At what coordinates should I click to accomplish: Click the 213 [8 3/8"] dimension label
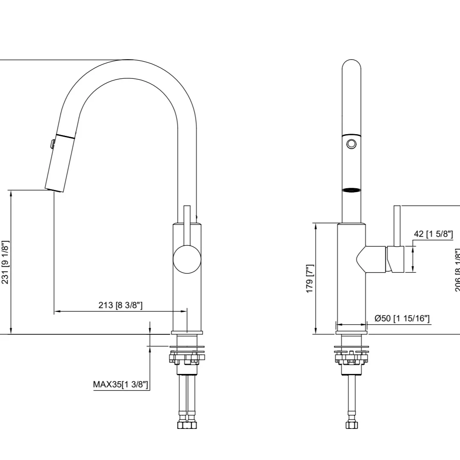click(x=121, y=305)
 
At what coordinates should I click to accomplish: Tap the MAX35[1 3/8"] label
click(x=121, y=385)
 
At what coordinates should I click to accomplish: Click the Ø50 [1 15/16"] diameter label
click(x=402, y=318)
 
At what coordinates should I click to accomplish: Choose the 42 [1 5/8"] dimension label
click(x=433, y=234)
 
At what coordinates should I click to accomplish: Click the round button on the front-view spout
click(x=351, y=144)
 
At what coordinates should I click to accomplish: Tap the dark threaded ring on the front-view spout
click(x=351, y=190)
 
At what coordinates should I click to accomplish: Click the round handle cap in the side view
click(x=187, y=259)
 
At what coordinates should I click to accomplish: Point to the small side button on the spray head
click(x=52, y=144)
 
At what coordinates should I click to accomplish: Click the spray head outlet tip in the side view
click(x=54, y=189)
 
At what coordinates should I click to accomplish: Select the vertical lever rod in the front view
click(x=397, y=226)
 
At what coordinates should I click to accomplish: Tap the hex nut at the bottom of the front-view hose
click(x=351, y=425)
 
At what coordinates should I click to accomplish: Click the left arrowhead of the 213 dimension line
click(x=57, y=312)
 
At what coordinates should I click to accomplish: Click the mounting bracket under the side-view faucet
click(x=187, y=357)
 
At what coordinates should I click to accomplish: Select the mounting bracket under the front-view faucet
click(x=351, y=357)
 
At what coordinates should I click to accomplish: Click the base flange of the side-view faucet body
click(x=187, y=332)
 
